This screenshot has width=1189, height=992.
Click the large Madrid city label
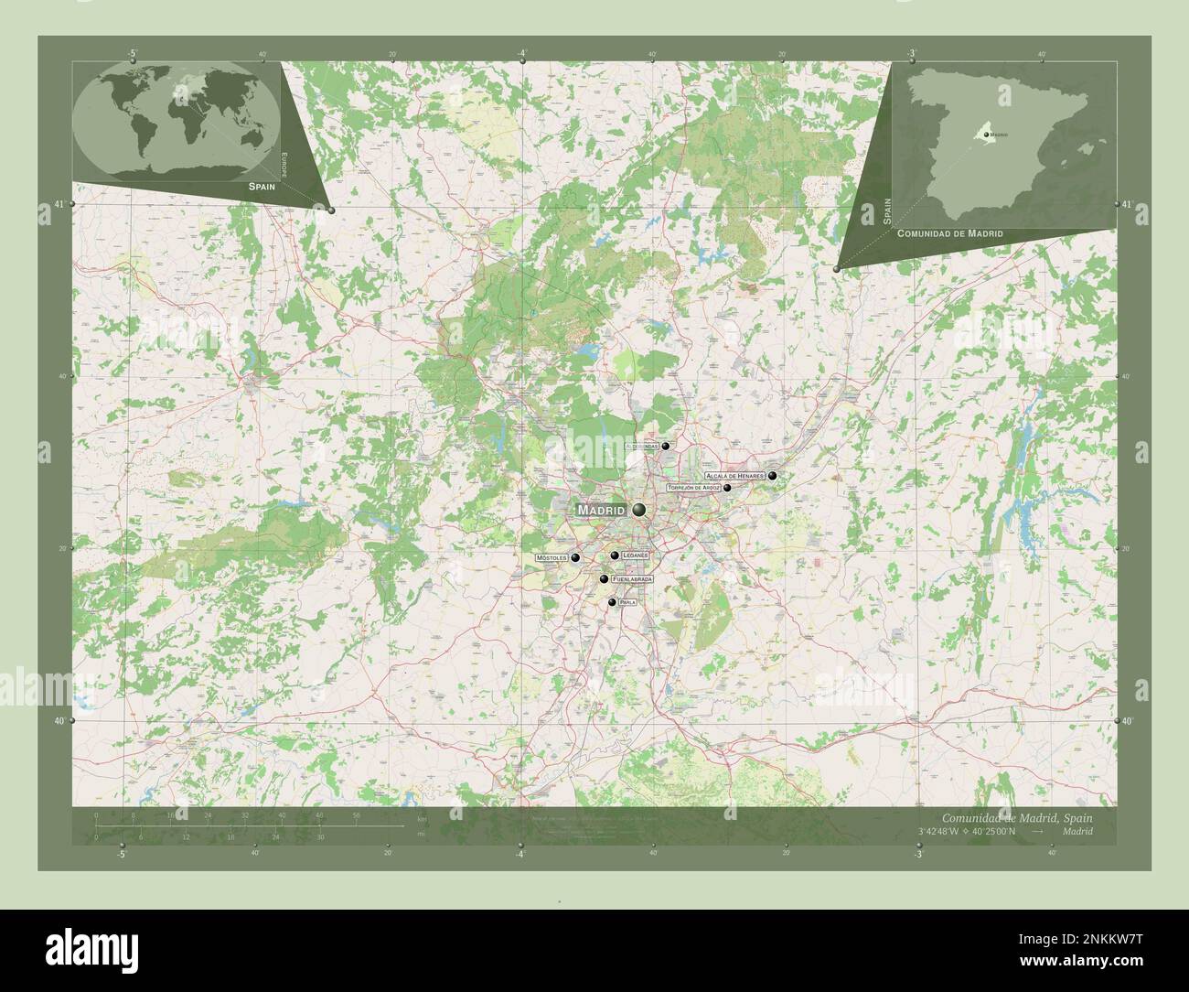click(600, 510)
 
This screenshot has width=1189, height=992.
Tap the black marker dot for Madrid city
click(638, 510)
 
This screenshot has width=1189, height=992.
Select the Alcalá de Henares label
click(734, 477)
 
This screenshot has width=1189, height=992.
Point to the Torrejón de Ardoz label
click(694, 489)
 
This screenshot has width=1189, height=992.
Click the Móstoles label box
click(552, 557)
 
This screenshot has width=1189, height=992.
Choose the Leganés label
click(635, 555)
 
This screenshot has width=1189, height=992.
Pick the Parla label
click(627, 603)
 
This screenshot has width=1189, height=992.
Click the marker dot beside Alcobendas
click(666, 447)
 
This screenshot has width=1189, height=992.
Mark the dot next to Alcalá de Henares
click(773, 476)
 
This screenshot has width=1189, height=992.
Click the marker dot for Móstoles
click(575, 557)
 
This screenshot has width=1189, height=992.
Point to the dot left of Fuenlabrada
click(604, 579)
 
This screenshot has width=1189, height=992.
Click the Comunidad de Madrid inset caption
click(949, 234)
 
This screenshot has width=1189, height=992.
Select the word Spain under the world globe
click(261, 186)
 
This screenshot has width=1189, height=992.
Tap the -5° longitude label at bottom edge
click(122, 854)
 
